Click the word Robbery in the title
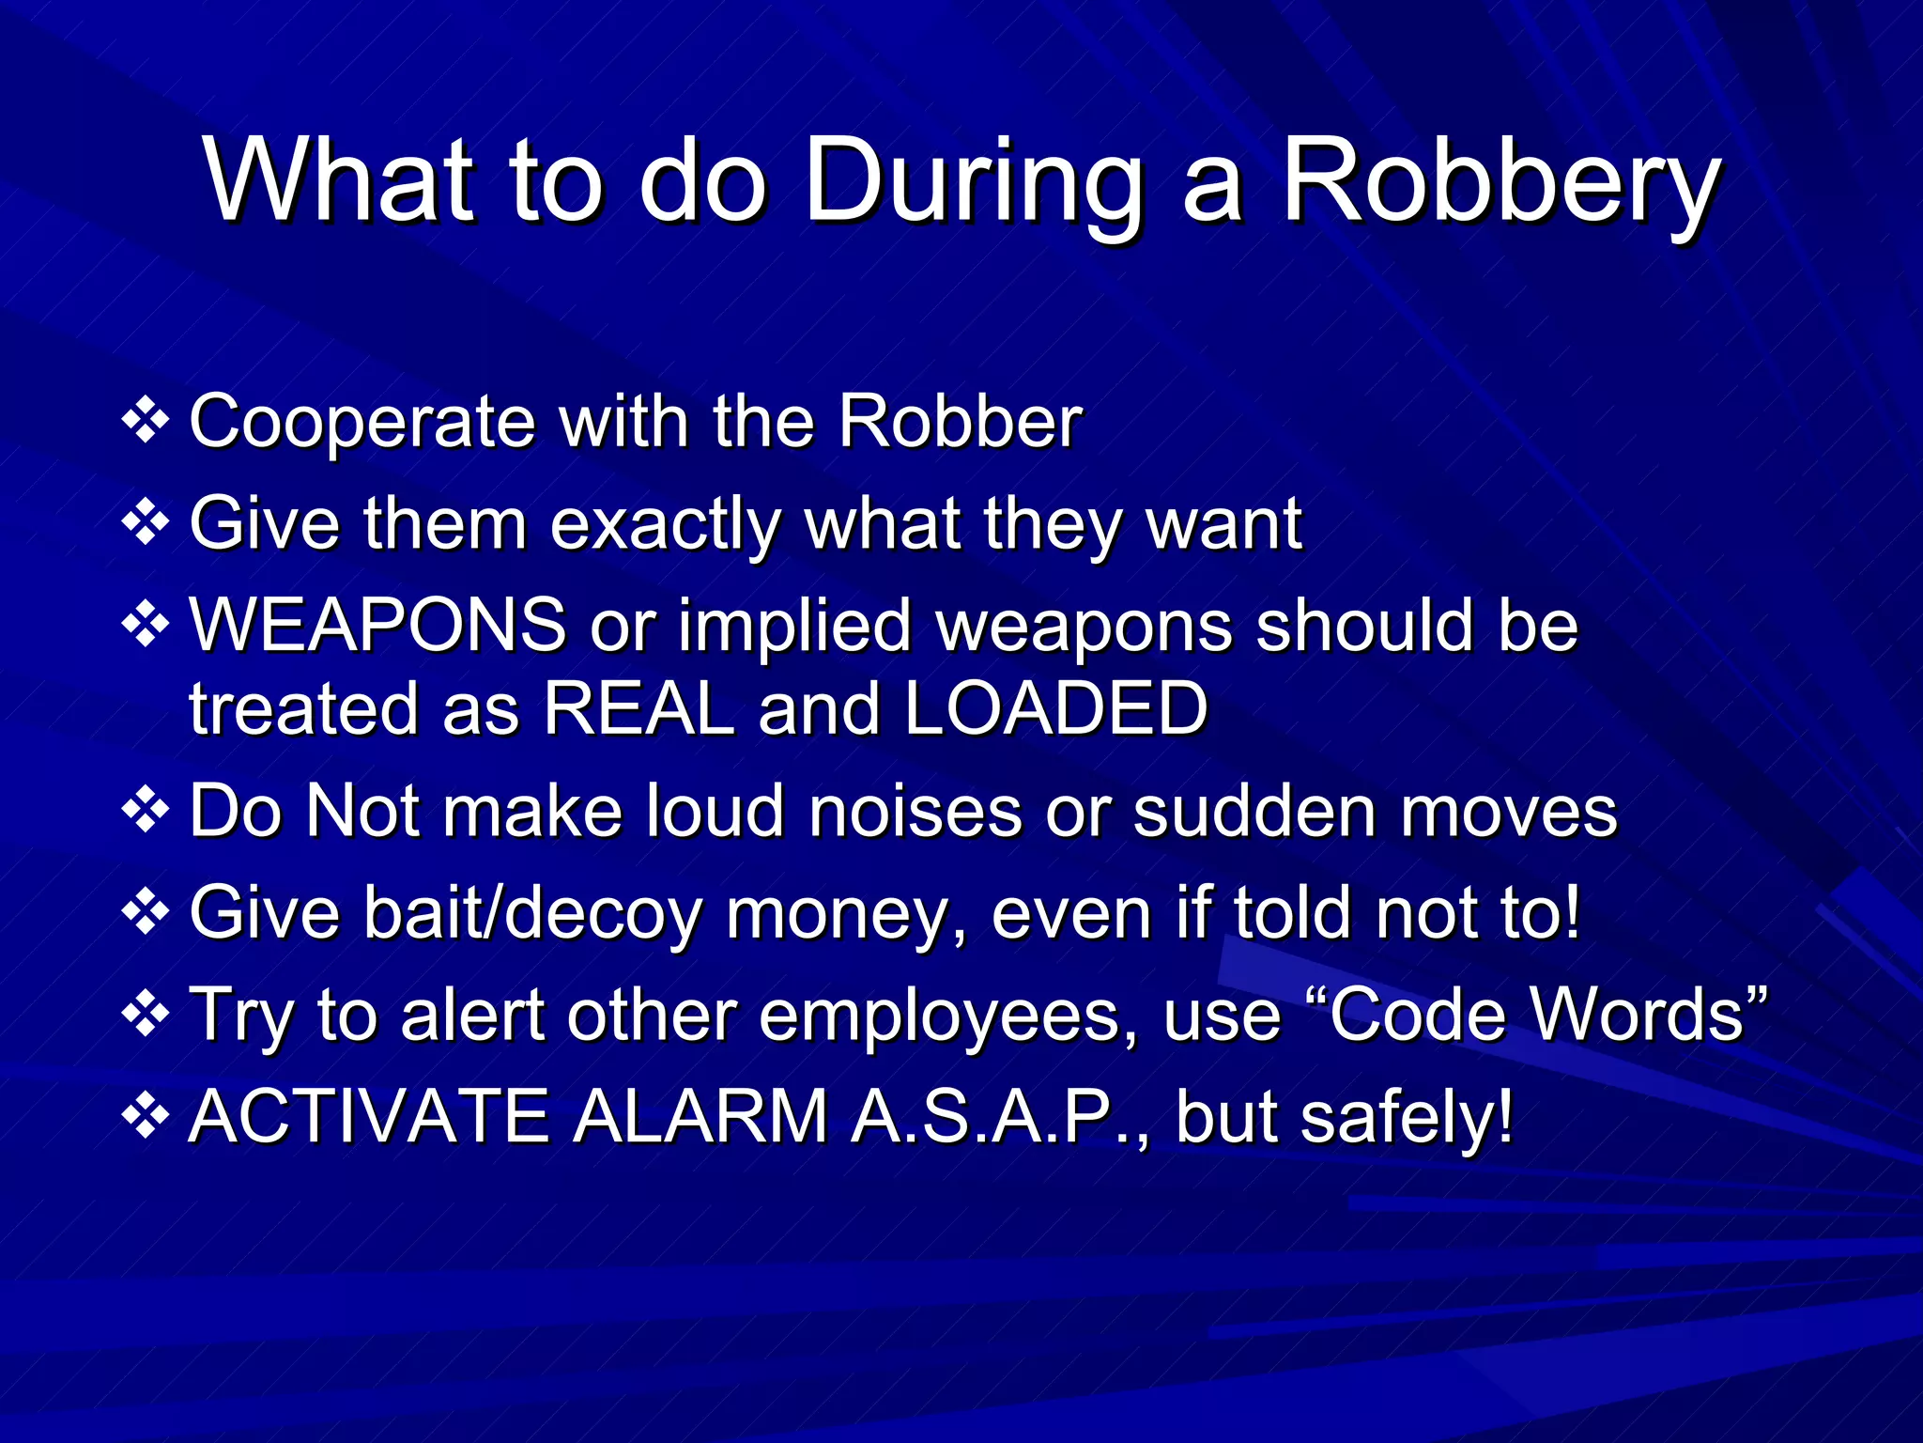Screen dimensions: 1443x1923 pyautogui.click(x=1500, y=180)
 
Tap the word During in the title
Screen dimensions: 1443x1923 pyautogui.click(x=973, y=180)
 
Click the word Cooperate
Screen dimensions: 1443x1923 pyautogui.click(x=362, y=423)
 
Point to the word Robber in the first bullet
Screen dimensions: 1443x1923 pyautogui.click(x=960, y=421)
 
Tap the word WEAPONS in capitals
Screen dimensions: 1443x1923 pyautogui.click(x=377, y=625)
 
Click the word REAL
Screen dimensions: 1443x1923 pyautogui.click(x=638, y=708)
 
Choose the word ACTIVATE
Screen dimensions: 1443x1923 pyautogui.click(x=369, y=1116)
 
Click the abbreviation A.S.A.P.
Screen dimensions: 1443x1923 pyautogui.click(x=992, y=1116)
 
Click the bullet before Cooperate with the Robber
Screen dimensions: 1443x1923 pyautogui.click(x=146, y=421)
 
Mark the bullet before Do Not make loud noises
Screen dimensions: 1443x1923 pyautogui.click(x=146, y=810)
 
